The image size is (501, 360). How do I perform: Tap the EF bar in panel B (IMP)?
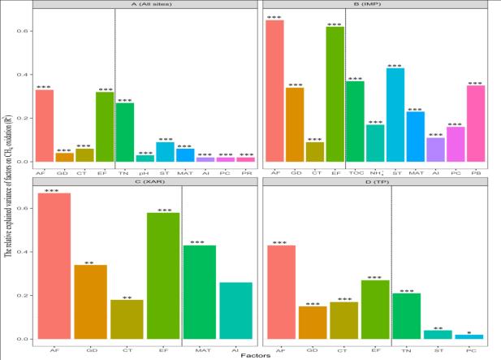point(335,93)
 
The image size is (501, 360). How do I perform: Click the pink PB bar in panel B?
point(476,123)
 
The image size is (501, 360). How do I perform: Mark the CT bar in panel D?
point(344,319)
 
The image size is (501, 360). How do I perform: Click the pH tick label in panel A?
point(145,172)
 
